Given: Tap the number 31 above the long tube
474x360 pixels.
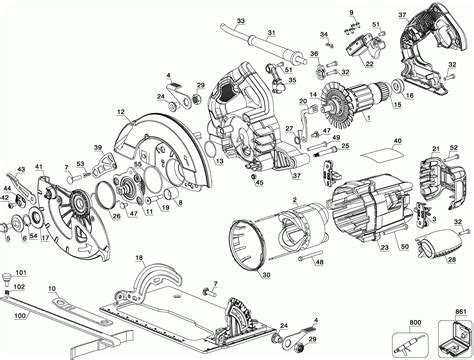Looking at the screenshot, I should click(x=270, y=34).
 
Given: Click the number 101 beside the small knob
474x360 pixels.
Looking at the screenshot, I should click(x=19, y=271).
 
